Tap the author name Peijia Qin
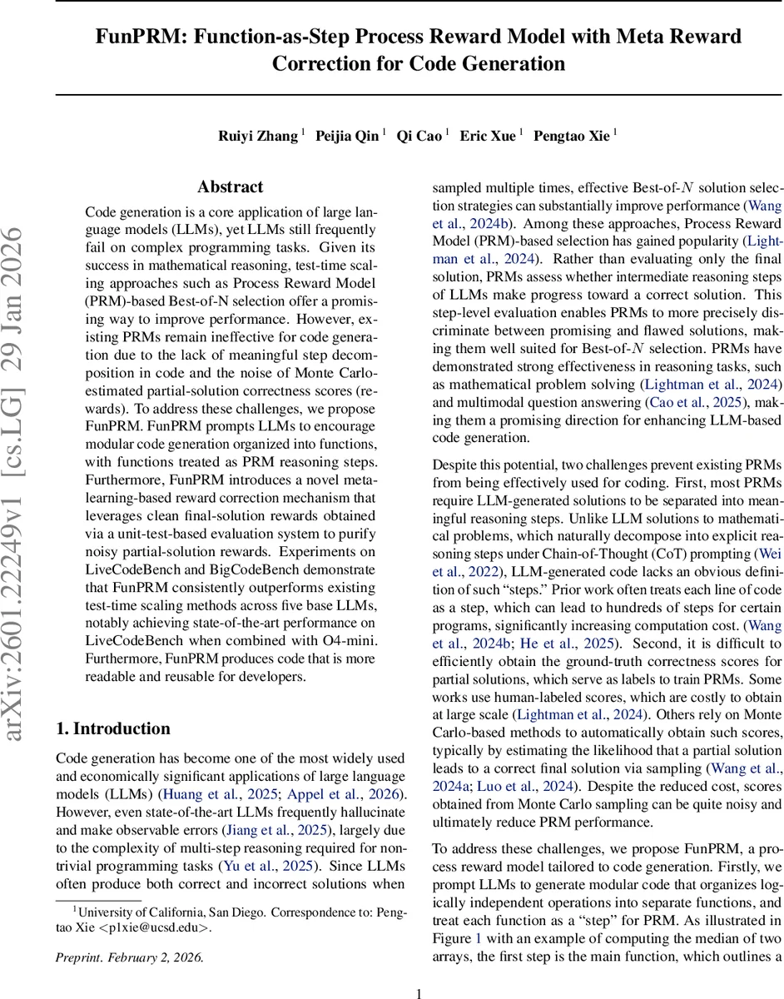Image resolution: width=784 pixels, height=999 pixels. pos(347,137)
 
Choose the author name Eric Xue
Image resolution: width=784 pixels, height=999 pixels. pos(489,137)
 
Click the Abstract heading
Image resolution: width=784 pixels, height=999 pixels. pos(230,187)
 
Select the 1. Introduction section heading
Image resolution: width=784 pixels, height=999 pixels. pos(112,729)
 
